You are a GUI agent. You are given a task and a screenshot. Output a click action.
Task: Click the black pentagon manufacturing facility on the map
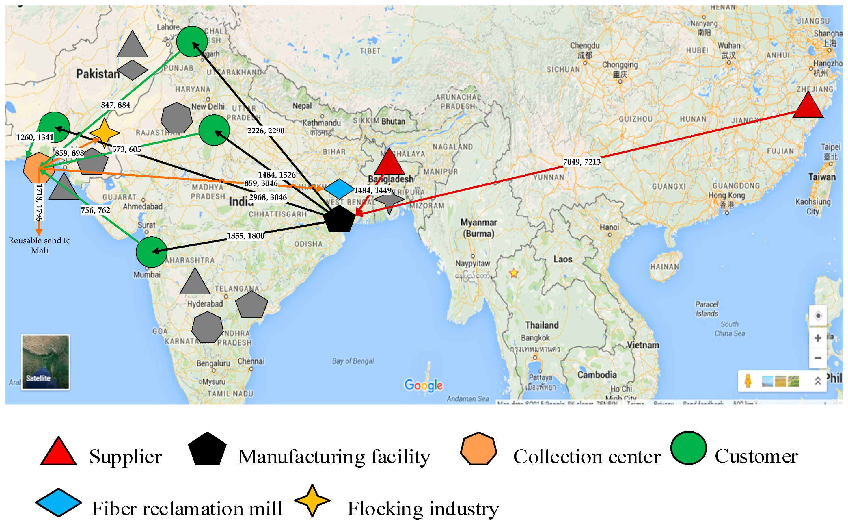tap(339, 219)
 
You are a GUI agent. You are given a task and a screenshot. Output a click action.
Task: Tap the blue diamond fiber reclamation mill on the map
tap(339, 189)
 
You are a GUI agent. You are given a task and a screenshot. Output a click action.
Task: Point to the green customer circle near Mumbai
tap(151, 252)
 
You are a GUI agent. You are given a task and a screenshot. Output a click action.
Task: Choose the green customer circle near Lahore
tap(192, 42)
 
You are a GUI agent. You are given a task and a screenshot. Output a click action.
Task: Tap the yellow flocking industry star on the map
tap(105, 133)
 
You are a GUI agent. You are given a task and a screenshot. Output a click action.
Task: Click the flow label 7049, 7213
tap(582, 162)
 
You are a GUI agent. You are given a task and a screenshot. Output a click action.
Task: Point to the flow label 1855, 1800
tap(245, 236)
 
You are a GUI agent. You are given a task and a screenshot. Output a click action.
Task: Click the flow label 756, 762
tap(95, 210)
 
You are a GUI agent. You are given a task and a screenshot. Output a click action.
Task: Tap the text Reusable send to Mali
tap(40, 245)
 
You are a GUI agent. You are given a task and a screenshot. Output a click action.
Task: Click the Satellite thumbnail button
tap(45, 361)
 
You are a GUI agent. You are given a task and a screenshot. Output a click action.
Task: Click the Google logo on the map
tap(423, 385)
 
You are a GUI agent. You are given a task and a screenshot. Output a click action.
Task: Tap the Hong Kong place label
tap(726, 196)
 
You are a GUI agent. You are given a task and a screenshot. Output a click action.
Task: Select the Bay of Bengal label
tap(353, 361)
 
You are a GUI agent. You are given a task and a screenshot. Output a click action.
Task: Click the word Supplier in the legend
tap(125, 456)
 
